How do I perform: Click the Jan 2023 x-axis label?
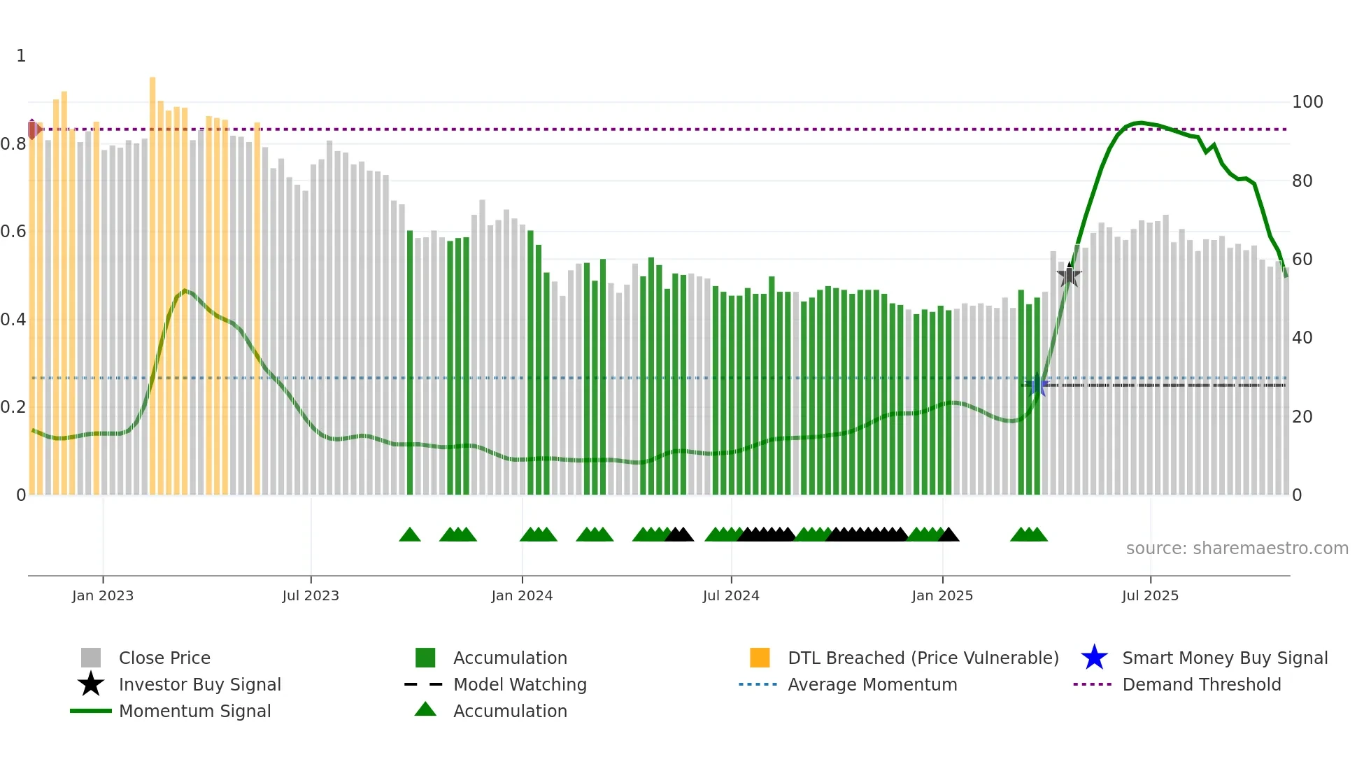click(x=102, y=595)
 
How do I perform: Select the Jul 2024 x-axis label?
click(x=731, y=595)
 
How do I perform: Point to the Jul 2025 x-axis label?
click(x=1150, y=595)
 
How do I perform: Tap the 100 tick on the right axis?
click(x=1307, y=102)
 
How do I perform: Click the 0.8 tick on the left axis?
click(x=14, y=144)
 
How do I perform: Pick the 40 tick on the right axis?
click(x=1302, y=338)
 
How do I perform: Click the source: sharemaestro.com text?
click(x=1237, y=549)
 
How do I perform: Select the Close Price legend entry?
click(x=164, y=658)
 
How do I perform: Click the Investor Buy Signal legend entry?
click(x=199, y=684)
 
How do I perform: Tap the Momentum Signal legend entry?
click(x=194, y=711)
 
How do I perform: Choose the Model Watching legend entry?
click(x=520, y=684)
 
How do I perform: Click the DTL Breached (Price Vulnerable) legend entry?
click(x=923, y=658)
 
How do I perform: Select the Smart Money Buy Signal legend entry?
click(x=1224, y=658)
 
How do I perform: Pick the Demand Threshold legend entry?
click(x=1201, y=684)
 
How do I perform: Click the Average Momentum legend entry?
click(x=872, y=684)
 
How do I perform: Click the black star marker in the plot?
click(x=1069, y=275)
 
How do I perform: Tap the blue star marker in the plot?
click(x=1038, y=385)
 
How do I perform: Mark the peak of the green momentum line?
click(x=1141, y=122)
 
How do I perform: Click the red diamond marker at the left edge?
click(x=32, y=129)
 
